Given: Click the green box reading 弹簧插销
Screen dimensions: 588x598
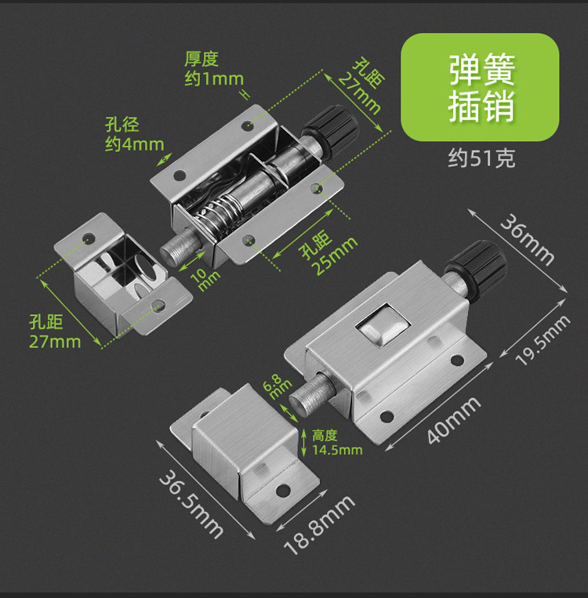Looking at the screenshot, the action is point(481,87).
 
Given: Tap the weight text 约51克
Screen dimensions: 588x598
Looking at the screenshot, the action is point(481,158).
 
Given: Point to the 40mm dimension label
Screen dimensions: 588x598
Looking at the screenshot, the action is point(454,421).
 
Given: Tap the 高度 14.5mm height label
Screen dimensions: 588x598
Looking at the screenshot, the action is point(336,442).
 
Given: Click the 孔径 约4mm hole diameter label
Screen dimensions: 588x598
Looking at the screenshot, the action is point(134,134).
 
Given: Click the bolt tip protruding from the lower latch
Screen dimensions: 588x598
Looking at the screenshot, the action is point(307,397).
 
